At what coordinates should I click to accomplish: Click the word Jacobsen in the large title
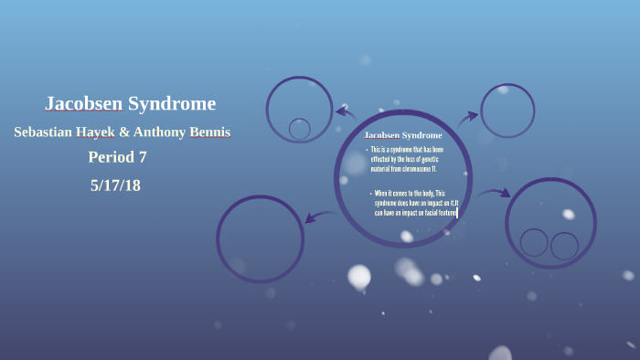pos(83,103)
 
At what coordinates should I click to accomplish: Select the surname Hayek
pos(96,132)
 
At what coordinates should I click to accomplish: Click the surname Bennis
pos(210,132)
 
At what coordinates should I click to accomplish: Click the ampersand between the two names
pos(124,132)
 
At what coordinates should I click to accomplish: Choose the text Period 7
pos(117,157)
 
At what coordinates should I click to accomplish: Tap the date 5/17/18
pos(115,185)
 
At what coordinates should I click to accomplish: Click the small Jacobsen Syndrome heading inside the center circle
pos(402,135)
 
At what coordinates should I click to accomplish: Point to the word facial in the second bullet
pos(428,213)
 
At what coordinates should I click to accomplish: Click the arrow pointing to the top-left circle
pos(346,112)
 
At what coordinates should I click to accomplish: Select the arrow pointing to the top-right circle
pos(467,116)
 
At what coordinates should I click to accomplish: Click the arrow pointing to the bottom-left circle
pos(320,216)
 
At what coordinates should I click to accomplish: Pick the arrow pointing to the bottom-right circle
pos(494,193)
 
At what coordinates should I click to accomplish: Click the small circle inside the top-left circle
pos(299,129)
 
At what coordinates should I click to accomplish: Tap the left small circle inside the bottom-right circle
pos(534,242)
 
